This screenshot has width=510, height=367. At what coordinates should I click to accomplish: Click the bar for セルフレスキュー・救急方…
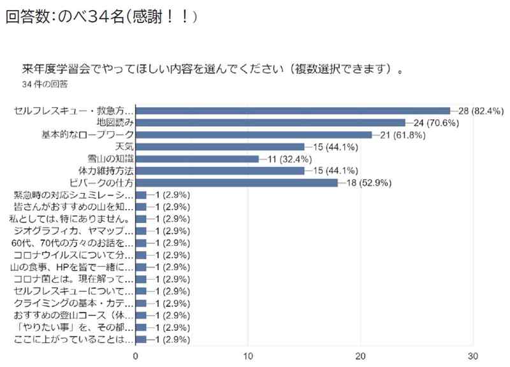(x=293, y=111)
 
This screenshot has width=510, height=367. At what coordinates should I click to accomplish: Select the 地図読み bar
(x=271, y=123)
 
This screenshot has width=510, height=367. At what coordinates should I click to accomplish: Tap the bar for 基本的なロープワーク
(x=254, y=135)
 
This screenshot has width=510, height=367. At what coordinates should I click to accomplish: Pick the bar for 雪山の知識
(x=198, y=159)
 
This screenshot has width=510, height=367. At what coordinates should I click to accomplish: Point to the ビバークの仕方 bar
(x=237, y=183)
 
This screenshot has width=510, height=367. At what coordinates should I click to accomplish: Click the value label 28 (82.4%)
(x=482, y=111)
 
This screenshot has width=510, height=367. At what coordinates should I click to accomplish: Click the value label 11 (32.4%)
(x=291, y=159)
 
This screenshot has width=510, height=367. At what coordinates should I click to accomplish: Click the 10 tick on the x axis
(x=249, y=356)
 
